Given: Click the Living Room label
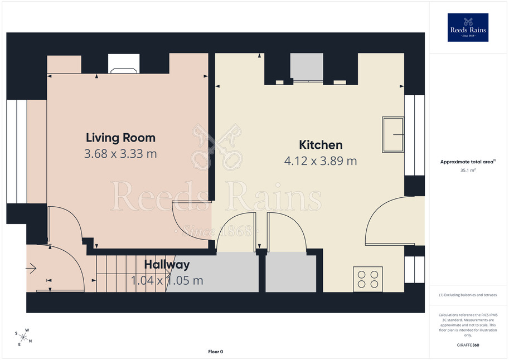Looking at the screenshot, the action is pos(120,138).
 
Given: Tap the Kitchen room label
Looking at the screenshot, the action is pos(321,145).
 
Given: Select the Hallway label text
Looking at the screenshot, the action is pos(167,265).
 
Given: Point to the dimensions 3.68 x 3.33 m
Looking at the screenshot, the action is pos(120,154).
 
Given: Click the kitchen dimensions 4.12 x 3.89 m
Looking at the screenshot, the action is pos(321,160).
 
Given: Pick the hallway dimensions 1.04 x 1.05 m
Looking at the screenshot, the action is pos(167,280).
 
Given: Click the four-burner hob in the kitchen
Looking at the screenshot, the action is pos(368,279).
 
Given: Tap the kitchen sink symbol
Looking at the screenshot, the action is pos(393,134).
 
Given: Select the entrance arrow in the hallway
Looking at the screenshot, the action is pos(31,269).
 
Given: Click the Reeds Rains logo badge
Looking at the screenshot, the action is pos(468,27).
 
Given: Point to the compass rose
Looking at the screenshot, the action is pos(23,337).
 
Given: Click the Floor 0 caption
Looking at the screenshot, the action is pos(216,352).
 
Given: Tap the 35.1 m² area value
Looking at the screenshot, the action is pos(468,170).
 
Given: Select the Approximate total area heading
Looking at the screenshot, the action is pos(467,162).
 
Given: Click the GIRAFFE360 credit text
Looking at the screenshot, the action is pos(468,345).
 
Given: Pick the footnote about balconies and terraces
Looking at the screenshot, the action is pos(468,295).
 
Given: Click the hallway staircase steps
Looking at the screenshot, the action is pos(132,274).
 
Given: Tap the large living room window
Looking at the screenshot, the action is pos(17,152).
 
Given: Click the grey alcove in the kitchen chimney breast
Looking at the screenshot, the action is pos(307,67).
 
